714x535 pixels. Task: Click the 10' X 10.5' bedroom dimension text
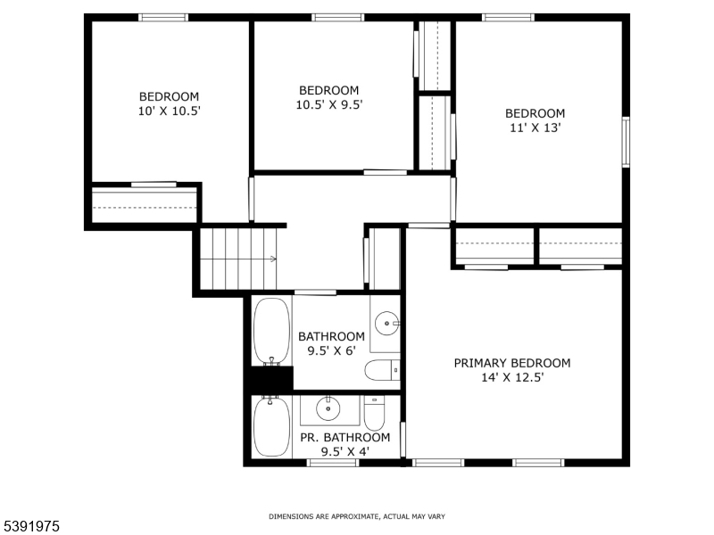click(x=169, y=111)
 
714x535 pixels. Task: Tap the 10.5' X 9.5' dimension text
click(x=328, y=104)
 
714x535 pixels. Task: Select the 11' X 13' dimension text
click(x=535, y=128)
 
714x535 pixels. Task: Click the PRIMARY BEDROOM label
click(x=511, y=363)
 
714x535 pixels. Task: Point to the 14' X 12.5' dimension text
click(x=511, y=377)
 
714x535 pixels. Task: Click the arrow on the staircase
click(x=271, y=259)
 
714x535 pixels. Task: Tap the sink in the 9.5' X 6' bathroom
click(x=386, y=323)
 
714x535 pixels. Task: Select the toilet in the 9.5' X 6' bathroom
click(x=385, y=370)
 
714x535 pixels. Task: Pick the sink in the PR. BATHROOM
click(x=328, y=407)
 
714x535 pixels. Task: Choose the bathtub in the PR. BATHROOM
click(x=270, y=426)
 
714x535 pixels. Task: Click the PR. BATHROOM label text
click(x=344, y=438)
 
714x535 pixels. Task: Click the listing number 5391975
click(x=30, y=527)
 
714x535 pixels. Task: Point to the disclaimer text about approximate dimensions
click(x=357, y=516)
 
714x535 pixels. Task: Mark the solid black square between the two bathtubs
click(x=269, y=379)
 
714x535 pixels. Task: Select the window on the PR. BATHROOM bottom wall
click(x=332, y=462)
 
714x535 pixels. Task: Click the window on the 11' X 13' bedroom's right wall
click(x=626, y=141)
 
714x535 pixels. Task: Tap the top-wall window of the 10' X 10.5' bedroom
click(x=163, y=17)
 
